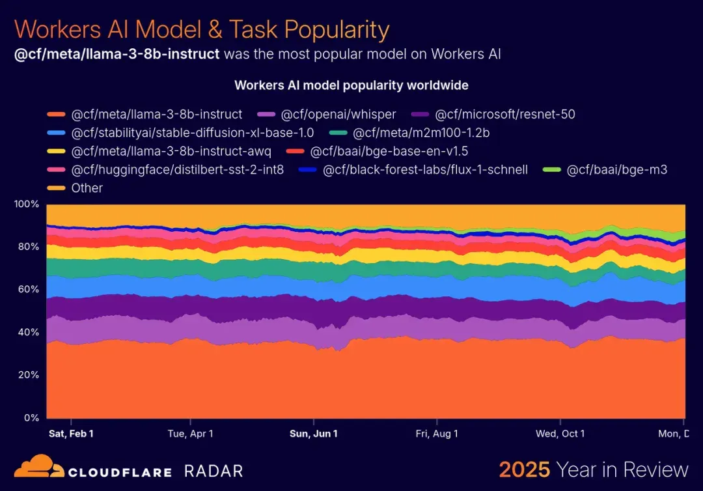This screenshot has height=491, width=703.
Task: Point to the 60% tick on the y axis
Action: pos(29,289)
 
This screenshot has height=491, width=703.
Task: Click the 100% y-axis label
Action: pos(27,204)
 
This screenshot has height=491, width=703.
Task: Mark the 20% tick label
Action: pos(29,375)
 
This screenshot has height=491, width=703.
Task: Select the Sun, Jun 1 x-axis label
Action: pos(313,434)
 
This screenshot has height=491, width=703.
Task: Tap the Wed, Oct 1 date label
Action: pos(560,434)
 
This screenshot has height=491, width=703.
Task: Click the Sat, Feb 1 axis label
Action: pos(71,434)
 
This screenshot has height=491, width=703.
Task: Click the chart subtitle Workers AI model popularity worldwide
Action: pos(351,85)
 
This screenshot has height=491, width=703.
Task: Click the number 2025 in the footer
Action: pos(524,470)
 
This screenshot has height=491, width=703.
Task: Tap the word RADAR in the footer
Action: pos(214,471)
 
